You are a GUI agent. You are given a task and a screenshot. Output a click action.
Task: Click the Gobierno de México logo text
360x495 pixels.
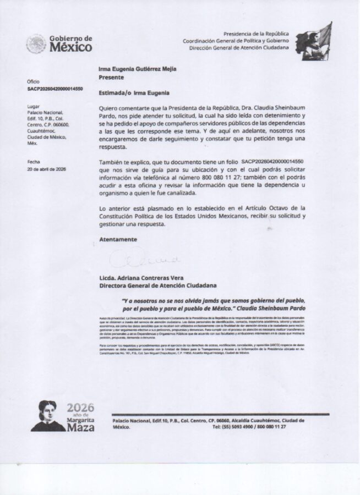coord(71,43)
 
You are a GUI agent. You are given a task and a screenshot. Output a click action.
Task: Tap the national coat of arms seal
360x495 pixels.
coord(36,43)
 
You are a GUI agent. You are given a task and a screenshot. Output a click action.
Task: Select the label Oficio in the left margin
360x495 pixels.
coord(33,81)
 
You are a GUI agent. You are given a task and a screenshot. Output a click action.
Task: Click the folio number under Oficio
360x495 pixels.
coord(55,88)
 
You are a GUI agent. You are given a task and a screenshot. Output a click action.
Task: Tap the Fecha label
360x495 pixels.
coord(34,162)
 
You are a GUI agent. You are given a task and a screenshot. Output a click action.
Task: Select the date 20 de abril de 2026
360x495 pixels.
coord(47,169)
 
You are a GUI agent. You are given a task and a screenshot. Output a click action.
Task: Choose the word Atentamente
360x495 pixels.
coord(118,239)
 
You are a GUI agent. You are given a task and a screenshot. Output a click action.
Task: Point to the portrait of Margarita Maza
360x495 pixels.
coord(48,416)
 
